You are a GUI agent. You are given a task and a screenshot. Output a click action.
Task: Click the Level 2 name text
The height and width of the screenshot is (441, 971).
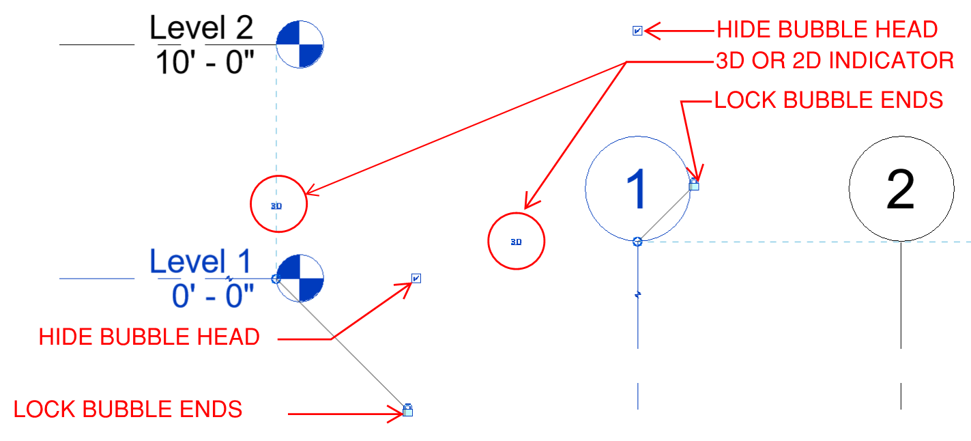coord(201,29)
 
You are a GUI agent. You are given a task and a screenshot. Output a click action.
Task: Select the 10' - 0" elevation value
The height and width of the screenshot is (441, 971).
coord(205,63)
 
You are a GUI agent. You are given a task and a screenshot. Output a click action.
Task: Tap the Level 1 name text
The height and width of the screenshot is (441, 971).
coord(201,263)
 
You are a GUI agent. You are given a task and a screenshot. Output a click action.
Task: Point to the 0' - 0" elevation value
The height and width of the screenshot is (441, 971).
coord(212,296)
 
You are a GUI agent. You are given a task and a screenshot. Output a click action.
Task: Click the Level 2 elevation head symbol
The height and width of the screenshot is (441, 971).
coord(300,44)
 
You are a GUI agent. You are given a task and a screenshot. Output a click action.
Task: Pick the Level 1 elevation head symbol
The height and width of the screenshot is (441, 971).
coord(300,279)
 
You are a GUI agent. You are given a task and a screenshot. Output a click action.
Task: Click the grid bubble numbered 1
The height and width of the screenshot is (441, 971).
coord(637,189)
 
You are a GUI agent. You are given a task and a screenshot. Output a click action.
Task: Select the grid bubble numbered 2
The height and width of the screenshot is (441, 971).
coord(901,189)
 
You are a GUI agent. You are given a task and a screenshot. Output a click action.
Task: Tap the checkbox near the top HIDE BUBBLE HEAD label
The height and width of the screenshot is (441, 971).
coord(637,31)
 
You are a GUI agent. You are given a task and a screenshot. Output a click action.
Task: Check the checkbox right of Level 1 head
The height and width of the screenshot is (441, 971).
coord(416,278)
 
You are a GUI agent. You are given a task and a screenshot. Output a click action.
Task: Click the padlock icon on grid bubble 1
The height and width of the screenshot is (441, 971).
coord(694,184)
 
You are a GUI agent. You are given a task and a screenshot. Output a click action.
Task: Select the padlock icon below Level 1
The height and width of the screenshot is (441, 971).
coord(407,410)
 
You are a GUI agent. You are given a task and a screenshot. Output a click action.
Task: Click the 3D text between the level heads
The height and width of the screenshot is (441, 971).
coord(276,205)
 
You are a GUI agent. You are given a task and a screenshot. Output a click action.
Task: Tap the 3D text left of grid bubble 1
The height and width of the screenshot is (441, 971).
coord(516,242)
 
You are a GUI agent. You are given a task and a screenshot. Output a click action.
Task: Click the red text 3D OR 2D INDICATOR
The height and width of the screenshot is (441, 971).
coord(835,61)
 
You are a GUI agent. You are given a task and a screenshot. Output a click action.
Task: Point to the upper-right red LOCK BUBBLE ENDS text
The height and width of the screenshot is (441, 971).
coord(828,100)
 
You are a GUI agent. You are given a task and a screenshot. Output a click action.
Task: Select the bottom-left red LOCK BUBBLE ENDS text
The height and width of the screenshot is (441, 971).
coord(128,409)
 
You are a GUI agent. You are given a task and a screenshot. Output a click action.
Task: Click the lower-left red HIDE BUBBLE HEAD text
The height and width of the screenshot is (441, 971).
coord(149,337)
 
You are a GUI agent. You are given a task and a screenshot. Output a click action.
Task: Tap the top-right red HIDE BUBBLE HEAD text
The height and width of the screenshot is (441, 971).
coord(826,29)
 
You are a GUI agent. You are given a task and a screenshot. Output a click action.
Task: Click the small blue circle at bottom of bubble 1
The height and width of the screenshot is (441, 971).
coord(637,241)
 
